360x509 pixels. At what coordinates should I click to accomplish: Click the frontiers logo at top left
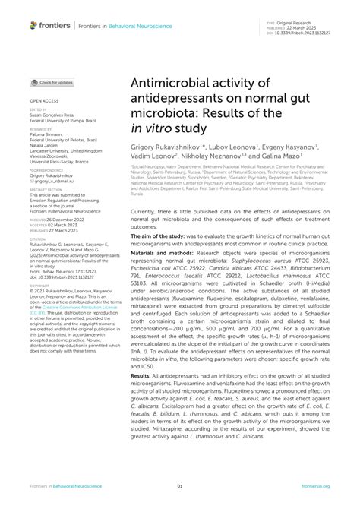(49, 25)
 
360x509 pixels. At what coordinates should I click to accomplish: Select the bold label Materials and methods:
(166, 232)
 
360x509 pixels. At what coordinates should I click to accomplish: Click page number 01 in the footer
(180, 486)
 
